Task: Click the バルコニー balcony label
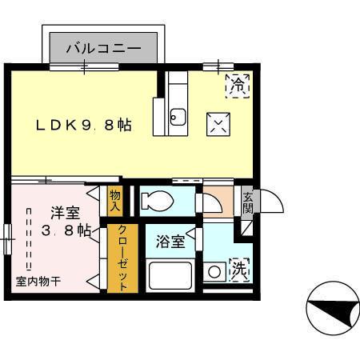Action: tap(109, 49)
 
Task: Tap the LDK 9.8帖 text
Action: tap(82, 126)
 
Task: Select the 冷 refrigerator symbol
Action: tap(238, 82)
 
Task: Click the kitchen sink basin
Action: tap(178, 119)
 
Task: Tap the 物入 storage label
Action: tap(116, 201)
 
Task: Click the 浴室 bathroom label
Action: tap(171, 240)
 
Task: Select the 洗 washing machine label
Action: tap(239, 270)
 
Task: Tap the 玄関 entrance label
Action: tap(248, 203)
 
